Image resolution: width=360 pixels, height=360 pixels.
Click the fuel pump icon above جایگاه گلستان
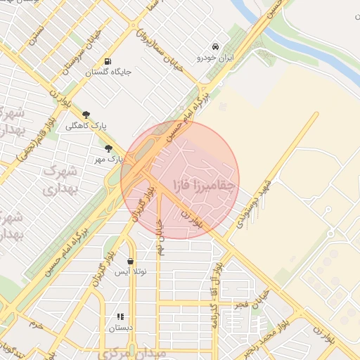pos(107,61)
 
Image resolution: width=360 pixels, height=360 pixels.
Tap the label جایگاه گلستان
pos(108,72)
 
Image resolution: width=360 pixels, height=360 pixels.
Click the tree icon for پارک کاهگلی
pos(86,114)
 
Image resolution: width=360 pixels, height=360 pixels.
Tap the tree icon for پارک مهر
pos(108,148)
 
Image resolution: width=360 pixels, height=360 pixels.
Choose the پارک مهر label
pos(110,160)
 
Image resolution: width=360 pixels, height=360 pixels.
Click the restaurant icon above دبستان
pos(120,317)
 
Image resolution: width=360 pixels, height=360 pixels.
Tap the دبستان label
pos(120,328)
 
